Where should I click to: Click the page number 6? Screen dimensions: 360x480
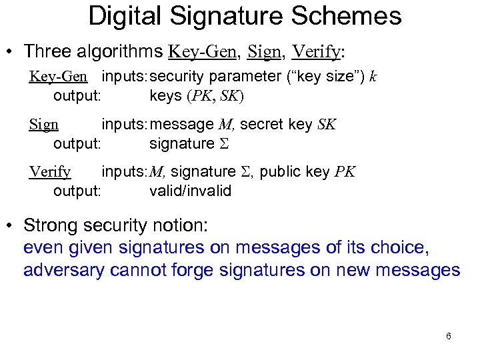449,335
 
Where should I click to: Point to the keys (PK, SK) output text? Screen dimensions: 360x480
197,95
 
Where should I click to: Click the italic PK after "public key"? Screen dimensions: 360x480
345,173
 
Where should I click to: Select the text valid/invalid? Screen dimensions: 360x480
190,191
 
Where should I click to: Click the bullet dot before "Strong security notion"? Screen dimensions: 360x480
9,227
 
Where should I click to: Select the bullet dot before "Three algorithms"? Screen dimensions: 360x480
9,52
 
